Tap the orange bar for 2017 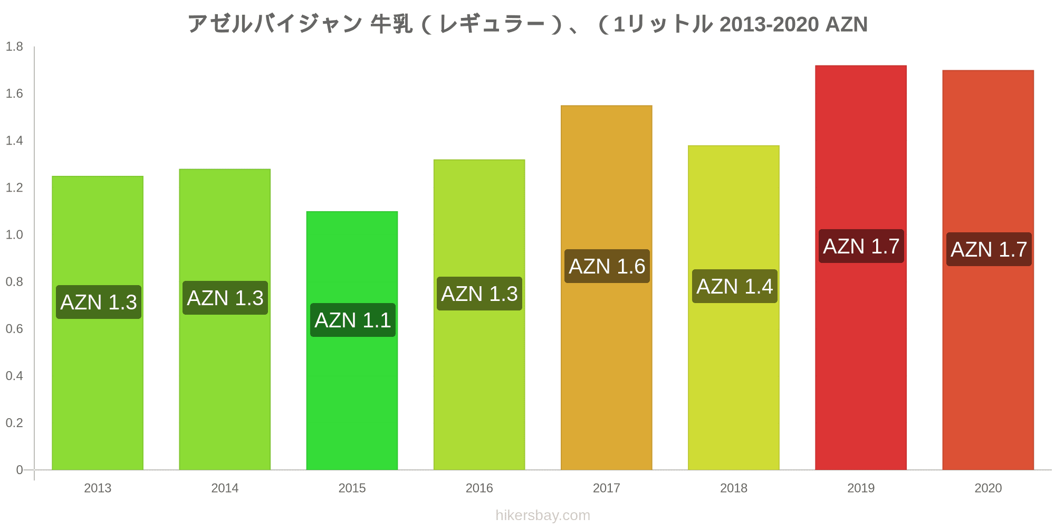click(x=606, y=370)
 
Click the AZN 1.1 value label click(x=352, y=320)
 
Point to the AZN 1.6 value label click(x=607, y=266)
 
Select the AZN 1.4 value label click(x=734, y=286)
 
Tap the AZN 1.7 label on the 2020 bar click(x=989, y=249)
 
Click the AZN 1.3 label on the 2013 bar click(x=99, y=302)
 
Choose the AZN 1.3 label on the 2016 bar click(x=479, y=294)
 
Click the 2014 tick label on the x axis click(x=225, y=488)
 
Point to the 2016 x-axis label click(x=479, y=488)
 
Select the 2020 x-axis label click(x=987, y=488)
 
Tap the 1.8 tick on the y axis click(x=14, y=46)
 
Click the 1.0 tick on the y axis click(x=14, y=234)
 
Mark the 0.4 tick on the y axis click(x=14, y=375)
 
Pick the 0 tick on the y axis click(x=20, y=469)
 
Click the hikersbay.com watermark click(x=543, y=515)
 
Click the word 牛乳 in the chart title click(x=391, y=24)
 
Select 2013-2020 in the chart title click(x=769, y=24)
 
